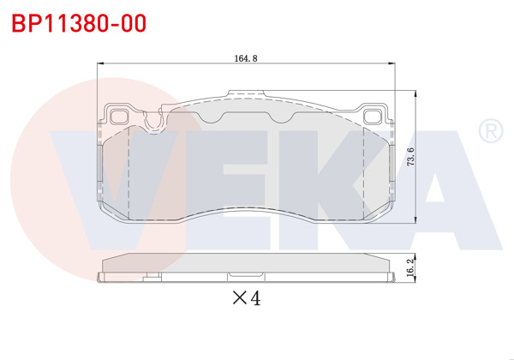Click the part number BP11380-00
[x=78, y=23]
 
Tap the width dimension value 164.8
[x=246, y=59]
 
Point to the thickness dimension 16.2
[x=411, y=268]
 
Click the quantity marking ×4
[x=246, y=298]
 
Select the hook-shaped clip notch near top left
[x=154, y=123]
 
